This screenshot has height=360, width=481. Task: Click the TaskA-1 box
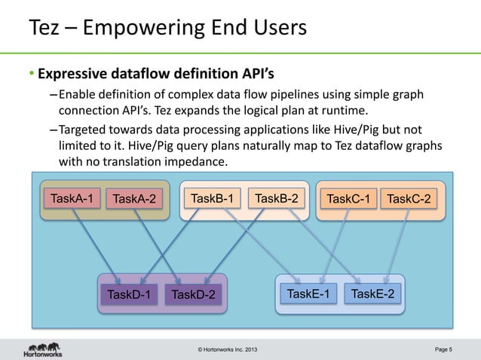(72, 199)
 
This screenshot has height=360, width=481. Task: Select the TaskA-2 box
(133, 200)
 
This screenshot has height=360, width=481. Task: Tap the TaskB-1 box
(211, 199)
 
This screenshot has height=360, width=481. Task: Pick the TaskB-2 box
(277, 199)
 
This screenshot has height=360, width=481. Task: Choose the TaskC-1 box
(347, 200)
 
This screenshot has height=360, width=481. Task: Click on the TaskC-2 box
(409, 200)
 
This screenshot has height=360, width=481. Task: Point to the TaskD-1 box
(128, 294)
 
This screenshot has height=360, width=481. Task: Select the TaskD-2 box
(193, 294)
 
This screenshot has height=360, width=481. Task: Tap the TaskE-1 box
(308, 293)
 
